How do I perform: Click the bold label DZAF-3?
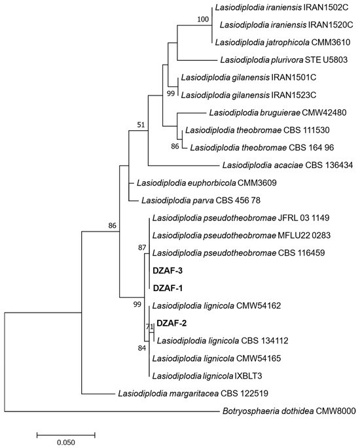pos(168,271)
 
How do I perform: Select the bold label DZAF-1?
pos(168,288)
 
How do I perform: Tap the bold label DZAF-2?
pos(171,323)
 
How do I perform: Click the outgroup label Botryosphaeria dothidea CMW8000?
pos(289,411)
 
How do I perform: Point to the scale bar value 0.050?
pos(65,442)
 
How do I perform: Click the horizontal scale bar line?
pos(65,435)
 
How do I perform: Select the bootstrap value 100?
pos(203,19)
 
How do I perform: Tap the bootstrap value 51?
pos(141,124)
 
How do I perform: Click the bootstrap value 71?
pos(150,326)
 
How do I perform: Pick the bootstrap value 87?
pos(142,247)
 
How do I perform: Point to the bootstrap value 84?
pos(142,348)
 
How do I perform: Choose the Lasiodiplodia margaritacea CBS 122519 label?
pos(193,394)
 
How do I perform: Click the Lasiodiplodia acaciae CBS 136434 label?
pos(287,165)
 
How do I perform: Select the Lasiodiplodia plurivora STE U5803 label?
pos(284,60)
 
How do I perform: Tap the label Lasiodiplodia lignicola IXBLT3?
pos(207,376)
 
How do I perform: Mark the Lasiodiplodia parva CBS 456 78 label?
pos(201,200)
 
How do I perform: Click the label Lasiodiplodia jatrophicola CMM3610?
pos(283,43)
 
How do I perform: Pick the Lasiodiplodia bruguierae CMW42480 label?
pos(278,112)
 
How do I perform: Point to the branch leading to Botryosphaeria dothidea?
pos(113,412)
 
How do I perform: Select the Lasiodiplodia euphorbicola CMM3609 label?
pos(207,182)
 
